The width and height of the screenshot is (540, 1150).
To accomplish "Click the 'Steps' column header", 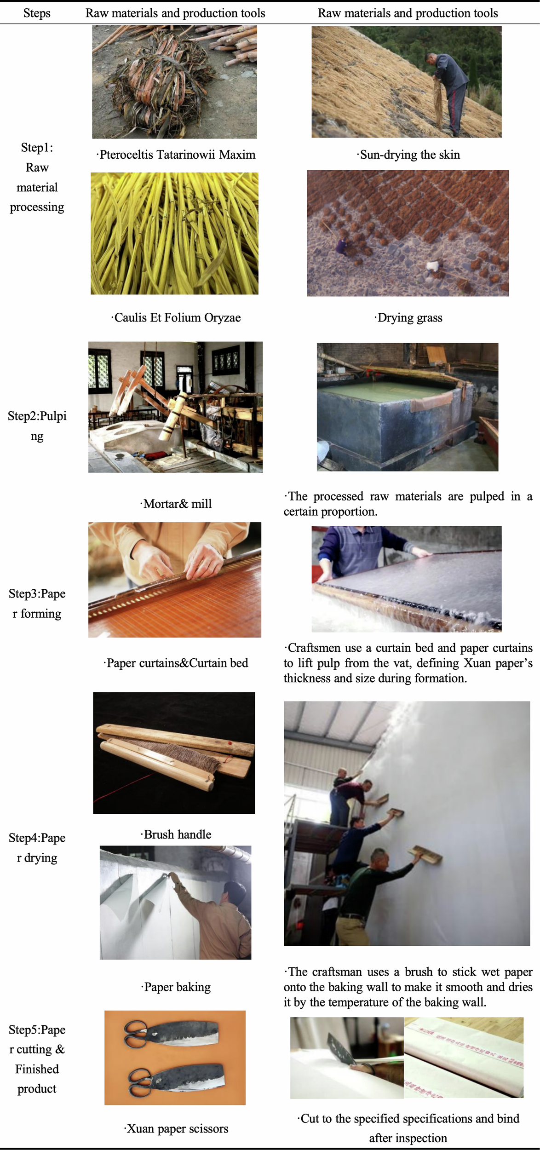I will coord(37,13).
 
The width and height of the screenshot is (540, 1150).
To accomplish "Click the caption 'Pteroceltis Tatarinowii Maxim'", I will coord(176,155).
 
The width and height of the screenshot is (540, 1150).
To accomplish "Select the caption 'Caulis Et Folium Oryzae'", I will coord(176,317).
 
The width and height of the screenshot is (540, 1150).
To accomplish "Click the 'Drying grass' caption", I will coord(408,317).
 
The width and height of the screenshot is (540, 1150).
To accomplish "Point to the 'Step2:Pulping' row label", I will coord(37,425).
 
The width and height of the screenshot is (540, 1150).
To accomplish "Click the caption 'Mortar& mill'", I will coord(176,504).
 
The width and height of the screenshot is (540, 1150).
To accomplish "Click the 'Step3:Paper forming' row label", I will coord(37,604).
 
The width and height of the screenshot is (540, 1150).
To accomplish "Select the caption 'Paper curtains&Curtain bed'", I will coord(176,663).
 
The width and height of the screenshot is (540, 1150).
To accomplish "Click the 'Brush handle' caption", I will coord(176,834).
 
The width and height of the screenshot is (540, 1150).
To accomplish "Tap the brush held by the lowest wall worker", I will coord(425,855).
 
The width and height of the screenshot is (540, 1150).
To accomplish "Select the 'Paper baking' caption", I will coord(176,987).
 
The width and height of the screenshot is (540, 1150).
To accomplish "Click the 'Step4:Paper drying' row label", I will coord(37,848).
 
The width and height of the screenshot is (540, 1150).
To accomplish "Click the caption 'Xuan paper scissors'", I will coord(176,1128).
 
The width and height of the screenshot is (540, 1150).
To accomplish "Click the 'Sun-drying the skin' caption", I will coord(408,155).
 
